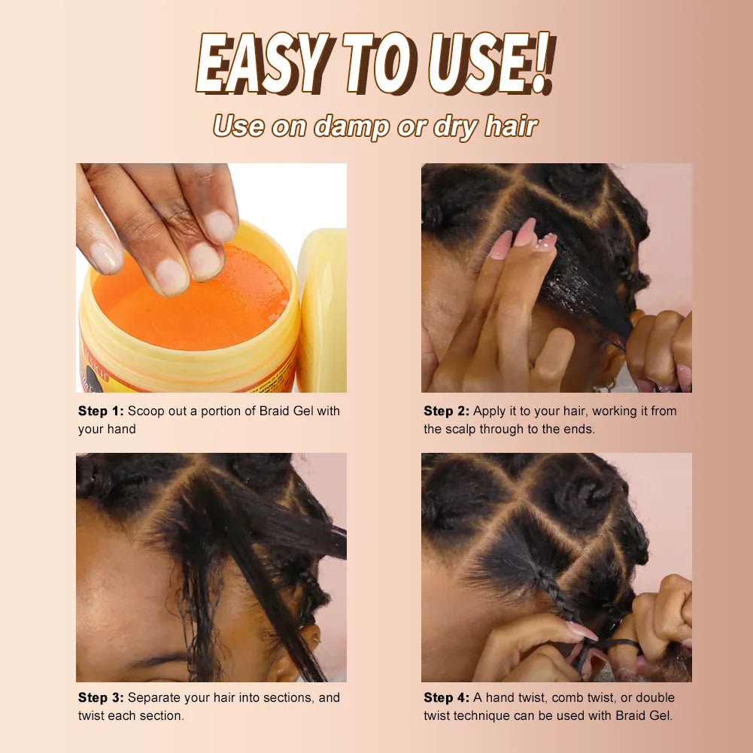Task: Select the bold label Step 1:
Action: click(x=101, y=411)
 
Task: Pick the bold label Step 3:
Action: click(x=101, y=697)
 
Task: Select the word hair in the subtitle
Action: click(x=511, y=126)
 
